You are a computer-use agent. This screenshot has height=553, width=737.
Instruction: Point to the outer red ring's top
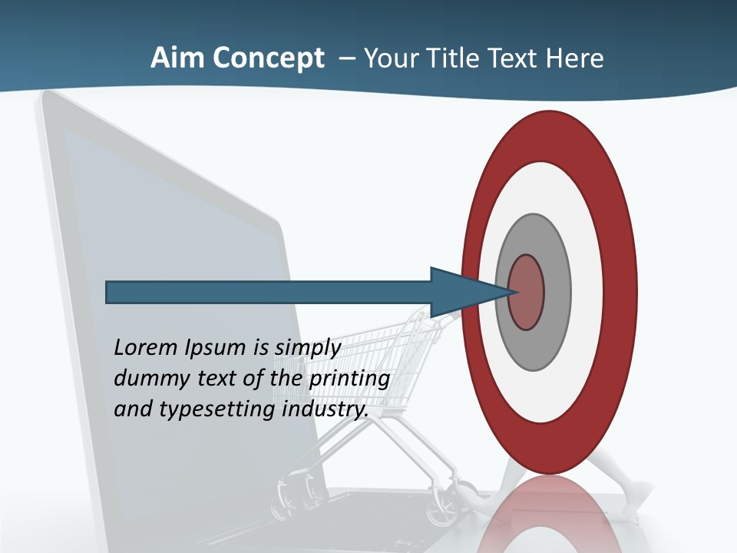pos(548,134)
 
